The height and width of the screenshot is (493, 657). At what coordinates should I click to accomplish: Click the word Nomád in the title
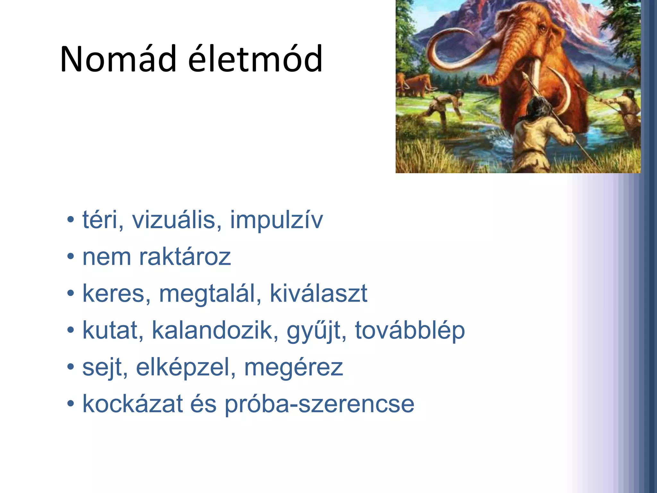click(x=118, y=59)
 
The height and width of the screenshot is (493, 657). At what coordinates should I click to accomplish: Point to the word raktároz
click(x=185, y=257)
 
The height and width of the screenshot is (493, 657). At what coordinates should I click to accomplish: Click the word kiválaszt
click(x=318, y=293)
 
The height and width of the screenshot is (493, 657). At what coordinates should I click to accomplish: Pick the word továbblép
click(x=410, y=331)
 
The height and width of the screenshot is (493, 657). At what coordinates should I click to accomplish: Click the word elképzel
click(x=186, y=368)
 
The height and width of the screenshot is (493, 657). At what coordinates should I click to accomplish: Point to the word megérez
click(x=293, y=368)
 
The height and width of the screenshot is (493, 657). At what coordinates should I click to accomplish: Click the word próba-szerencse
click(x=319, y=404)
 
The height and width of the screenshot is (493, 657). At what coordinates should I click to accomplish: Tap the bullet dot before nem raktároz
click(x=71, y=257)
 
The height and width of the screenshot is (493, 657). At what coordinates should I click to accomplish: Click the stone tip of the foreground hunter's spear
click(x=525, y=76)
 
